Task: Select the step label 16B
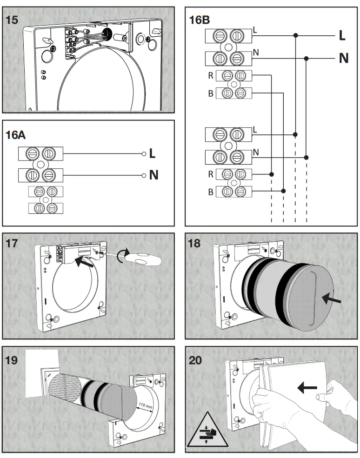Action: [x=200, y=20]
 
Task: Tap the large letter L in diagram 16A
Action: [x=153, y=153]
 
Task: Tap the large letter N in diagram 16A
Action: [x=153, y=175]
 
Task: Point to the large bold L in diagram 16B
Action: [x=342, y=35]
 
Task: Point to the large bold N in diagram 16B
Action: [x=343, y=58]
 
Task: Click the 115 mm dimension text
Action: [x=146, y=407]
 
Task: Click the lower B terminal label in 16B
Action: [x=211, y=192]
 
